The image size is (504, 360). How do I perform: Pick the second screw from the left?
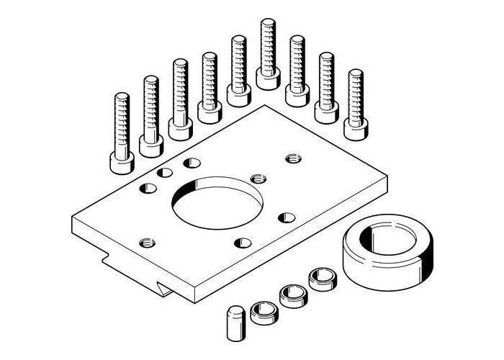[150, 115]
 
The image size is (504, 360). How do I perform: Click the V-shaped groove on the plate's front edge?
[167, 289]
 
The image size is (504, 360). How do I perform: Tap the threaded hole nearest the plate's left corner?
[147, 243]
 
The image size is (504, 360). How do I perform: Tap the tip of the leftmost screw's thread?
[121, 96]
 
